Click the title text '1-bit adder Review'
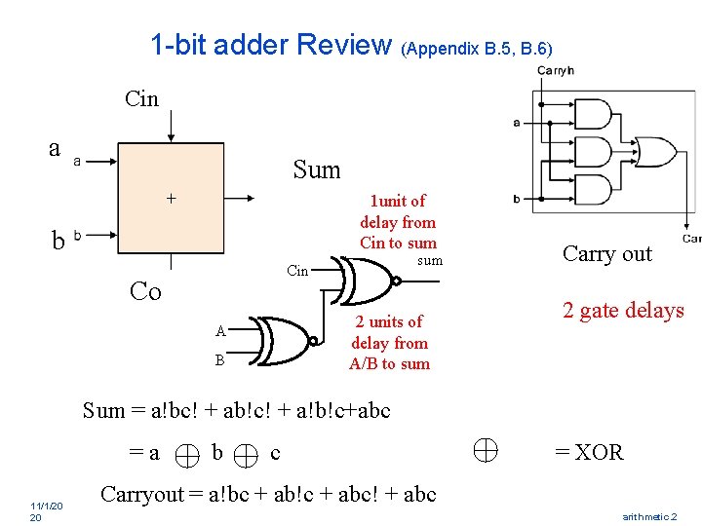(270, 44)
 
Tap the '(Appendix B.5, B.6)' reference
(477, 48)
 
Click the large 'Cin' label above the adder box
(141, 98)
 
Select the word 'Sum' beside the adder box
(317, 170)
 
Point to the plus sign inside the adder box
(171, 198)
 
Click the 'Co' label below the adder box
(145, 291)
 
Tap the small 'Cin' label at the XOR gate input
(297, 271)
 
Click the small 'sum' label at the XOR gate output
(429, 260)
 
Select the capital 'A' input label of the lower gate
(221, 331)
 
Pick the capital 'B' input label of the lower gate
(221, 360)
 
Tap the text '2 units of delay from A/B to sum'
(389, 343)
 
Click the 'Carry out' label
(606, 254)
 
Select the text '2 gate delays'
(622, 311)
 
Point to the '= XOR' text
(589, 452)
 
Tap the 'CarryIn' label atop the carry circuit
(556, 70)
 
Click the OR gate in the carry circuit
(653, 153)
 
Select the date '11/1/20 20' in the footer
(46, 511)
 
